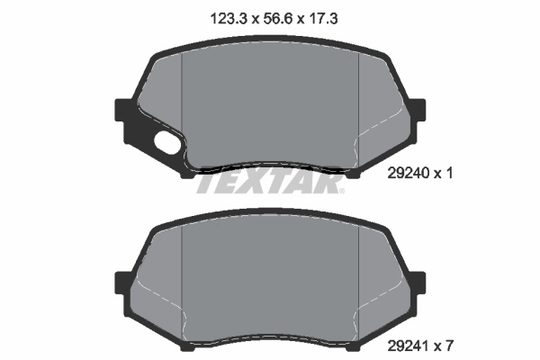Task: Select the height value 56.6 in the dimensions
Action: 269,17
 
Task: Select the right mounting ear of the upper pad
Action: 417,112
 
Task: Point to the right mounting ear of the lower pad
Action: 417,283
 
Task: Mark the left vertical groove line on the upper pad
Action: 183,103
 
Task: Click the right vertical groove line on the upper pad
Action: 359,103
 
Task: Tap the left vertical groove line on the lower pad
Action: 183,279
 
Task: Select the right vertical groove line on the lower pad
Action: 359,279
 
